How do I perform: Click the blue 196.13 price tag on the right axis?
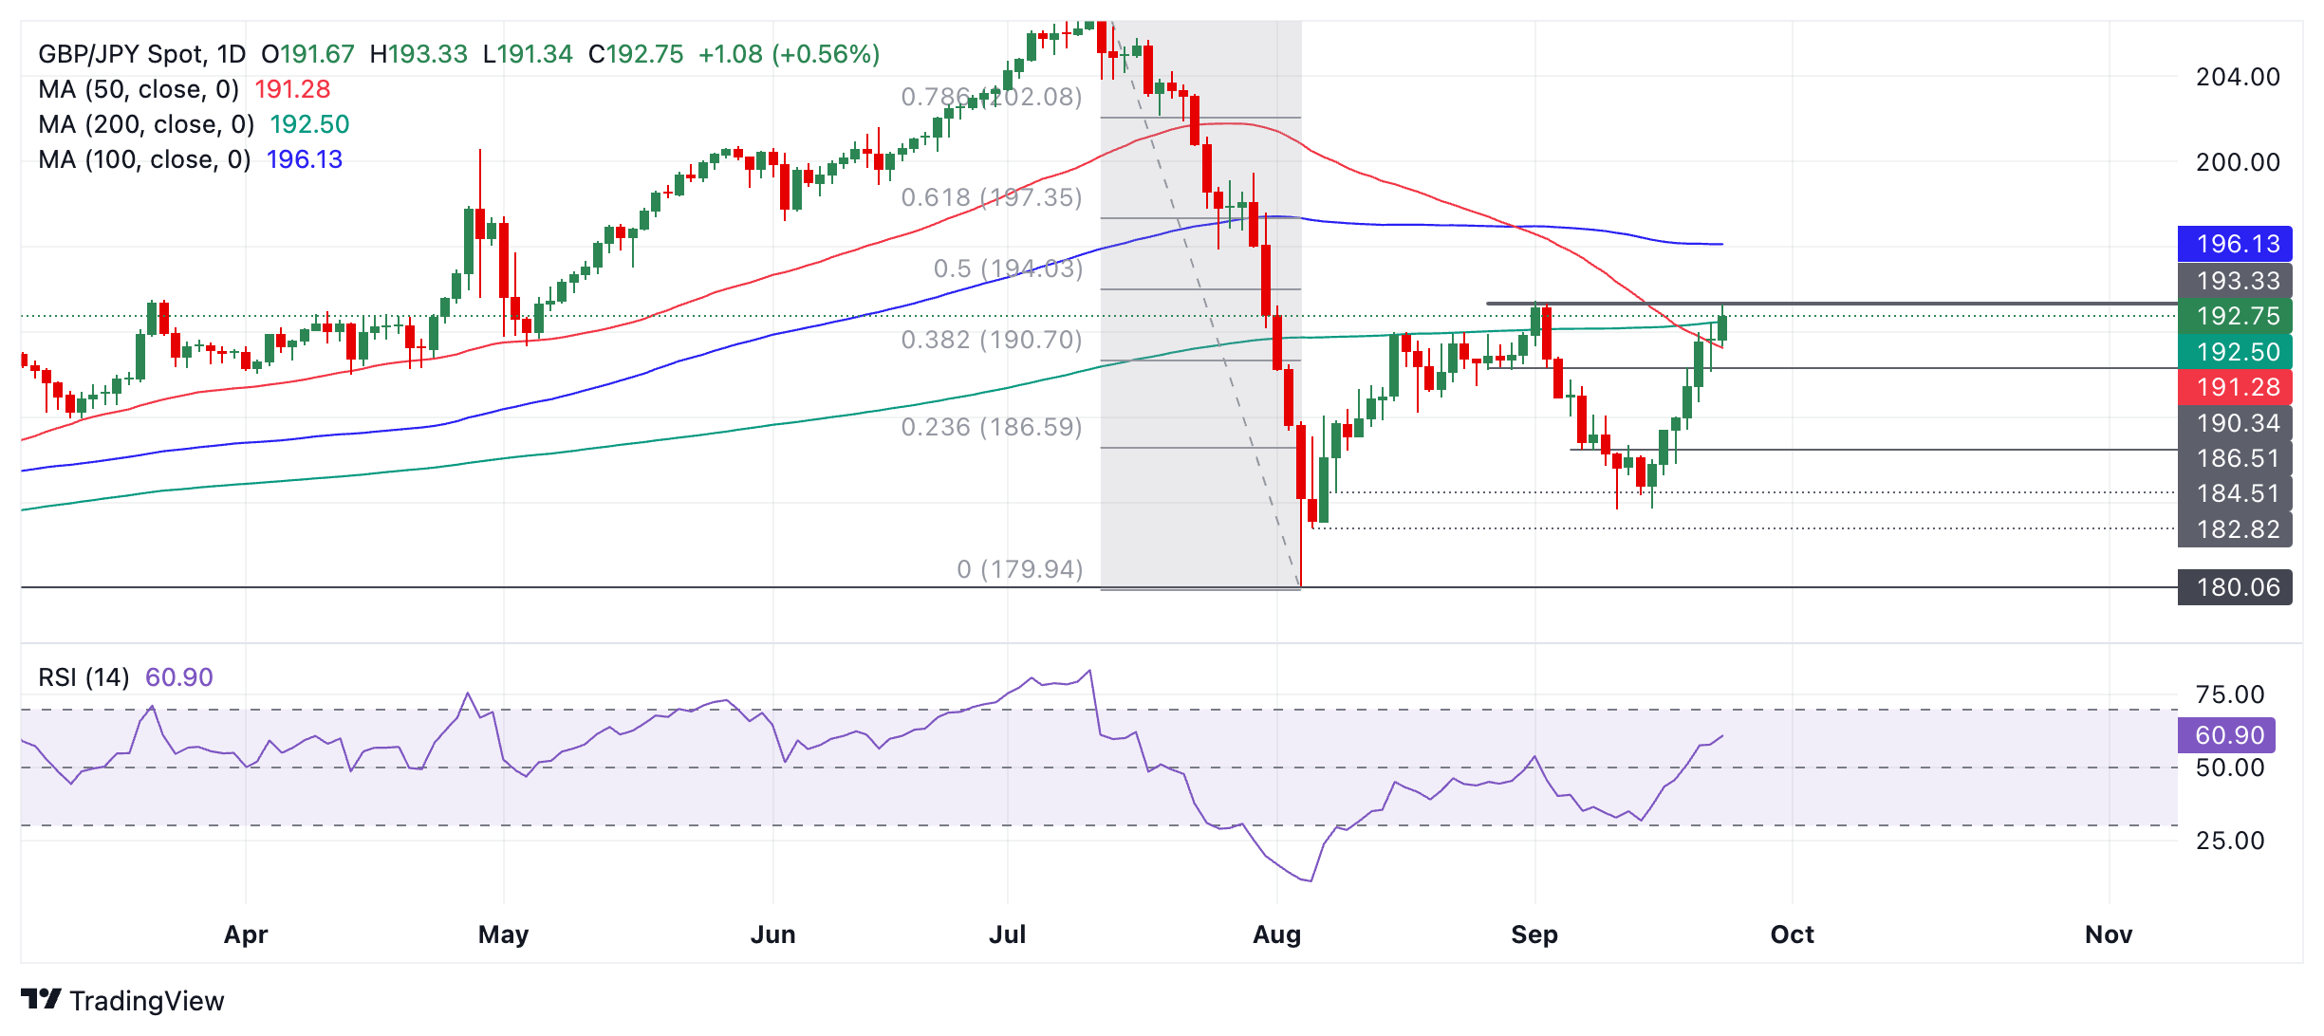coord(2235,244)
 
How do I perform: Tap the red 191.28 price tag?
coord(2235,387)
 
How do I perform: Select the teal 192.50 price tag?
coord(2235,352)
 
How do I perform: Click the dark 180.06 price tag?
coord(2235,587)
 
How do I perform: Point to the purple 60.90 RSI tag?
coord(2227,735)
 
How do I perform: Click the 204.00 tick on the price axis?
coord(2237,77)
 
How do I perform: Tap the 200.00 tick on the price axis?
coord(2237,162)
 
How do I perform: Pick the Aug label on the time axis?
coord(1276,934)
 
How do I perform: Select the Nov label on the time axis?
coord(2108,934)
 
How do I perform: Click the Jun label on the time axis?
coord(772,934)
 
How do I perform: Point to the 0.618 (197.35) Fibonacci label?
coord(992,197)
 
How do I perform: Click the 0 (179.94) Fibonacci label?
coord(1019,569)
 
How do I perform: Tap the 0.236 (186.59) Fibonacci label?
coord(992,427)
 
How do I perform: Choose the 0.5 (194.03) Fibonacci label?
coord(1008,268)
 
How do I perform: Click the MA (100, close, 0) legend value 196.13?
coord(305,159)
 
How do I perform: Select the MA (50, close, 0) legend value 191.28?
coord(292,89)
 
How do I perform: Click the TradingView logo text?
coord(146,1001)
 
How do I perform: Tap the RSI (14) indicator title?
coord(84,677)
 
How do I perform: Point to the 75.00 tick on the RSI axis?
coord(2229,694)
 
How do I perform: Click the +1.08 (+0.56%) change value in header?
coord(789,54)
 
